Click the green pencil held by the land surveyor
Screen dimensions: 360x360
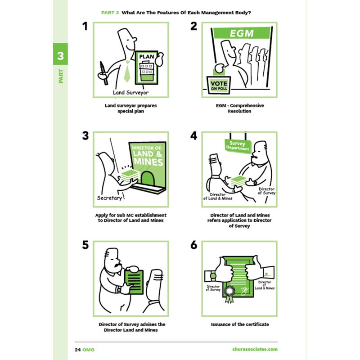[x=103, y=73]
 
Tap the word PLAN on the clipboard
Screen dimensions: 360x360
[x=147, y=57]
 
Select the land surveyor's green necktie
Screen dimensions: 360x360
[x=127, y=72]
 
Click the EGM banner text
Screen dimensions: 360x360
[x=242, y=33]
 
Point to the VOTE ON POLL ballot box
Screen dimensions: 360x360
[x=219, y=85]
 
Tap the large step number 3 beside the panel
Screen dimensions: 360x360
[x=85, y=136]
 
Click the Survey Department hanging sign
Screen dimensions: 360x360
[x=238, y=146]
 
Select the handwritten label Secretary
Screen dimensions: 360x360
[x=109, y=198]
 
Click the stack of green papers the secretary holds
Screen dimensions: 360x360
[x=130, y=175]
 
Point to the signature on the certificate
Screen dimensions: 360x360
[x=244, y=291]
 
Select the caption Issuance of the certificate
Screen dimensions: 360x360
[x=240, y=324]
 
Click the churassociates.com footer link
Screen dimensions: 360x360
[x=255, y=349]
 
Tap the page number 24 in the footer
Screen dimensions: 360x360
[x=78, y=350]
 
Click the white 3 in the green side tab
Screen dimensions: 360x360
[x=60, y=56]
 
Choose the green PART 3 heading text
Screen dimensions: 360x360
[x=110, y=13]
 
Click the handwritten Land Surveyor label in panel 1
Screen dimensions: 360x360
[x=130, y=93]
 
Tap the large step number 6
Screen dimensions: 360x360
[x=194, y=245]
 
